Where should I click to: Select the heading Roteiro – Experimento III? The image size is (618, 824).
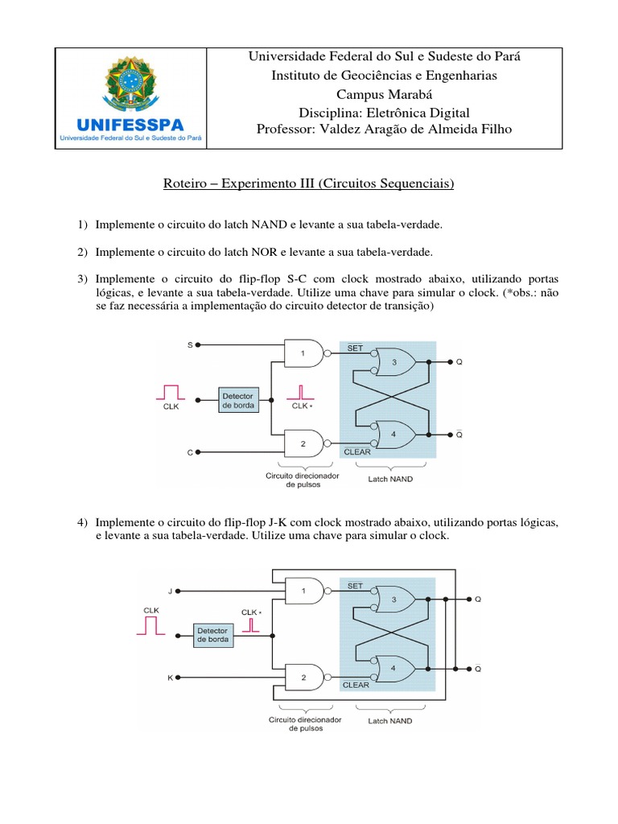309,184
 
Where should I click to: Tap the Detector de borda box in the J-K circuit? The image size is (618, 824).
213,634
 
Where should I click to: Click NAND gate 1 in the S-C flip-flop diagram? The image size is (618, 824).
304,352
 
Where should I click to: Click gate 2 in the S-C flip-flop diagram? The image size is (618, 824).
304,443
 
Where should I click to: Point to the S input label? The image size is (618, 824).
191,344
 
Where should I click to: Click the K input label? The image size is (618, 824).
170,678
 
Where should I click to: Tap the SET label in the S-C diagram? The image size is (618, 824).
355,348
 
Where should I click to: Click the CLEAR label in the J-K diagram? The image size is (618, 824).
356,685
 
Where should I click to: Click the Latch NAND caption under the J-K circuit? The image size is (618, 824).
390,720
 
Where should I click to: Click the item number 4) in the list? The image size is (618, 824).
82,522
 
